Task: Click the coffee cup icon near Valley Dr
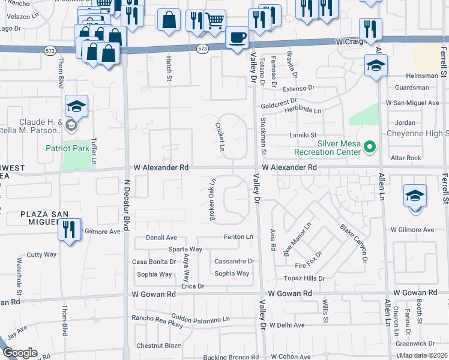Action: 237,37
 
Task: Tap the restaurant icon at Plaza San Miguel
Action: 70,229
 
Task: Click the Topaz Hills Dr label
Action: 304,278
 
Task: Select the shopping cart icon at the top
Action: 213,21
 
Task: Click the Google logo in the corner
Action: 20,353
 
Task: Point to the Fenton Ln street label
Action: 238,237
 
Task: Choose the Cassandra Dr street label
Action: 235,261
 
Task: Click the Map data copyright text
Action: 423,355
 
